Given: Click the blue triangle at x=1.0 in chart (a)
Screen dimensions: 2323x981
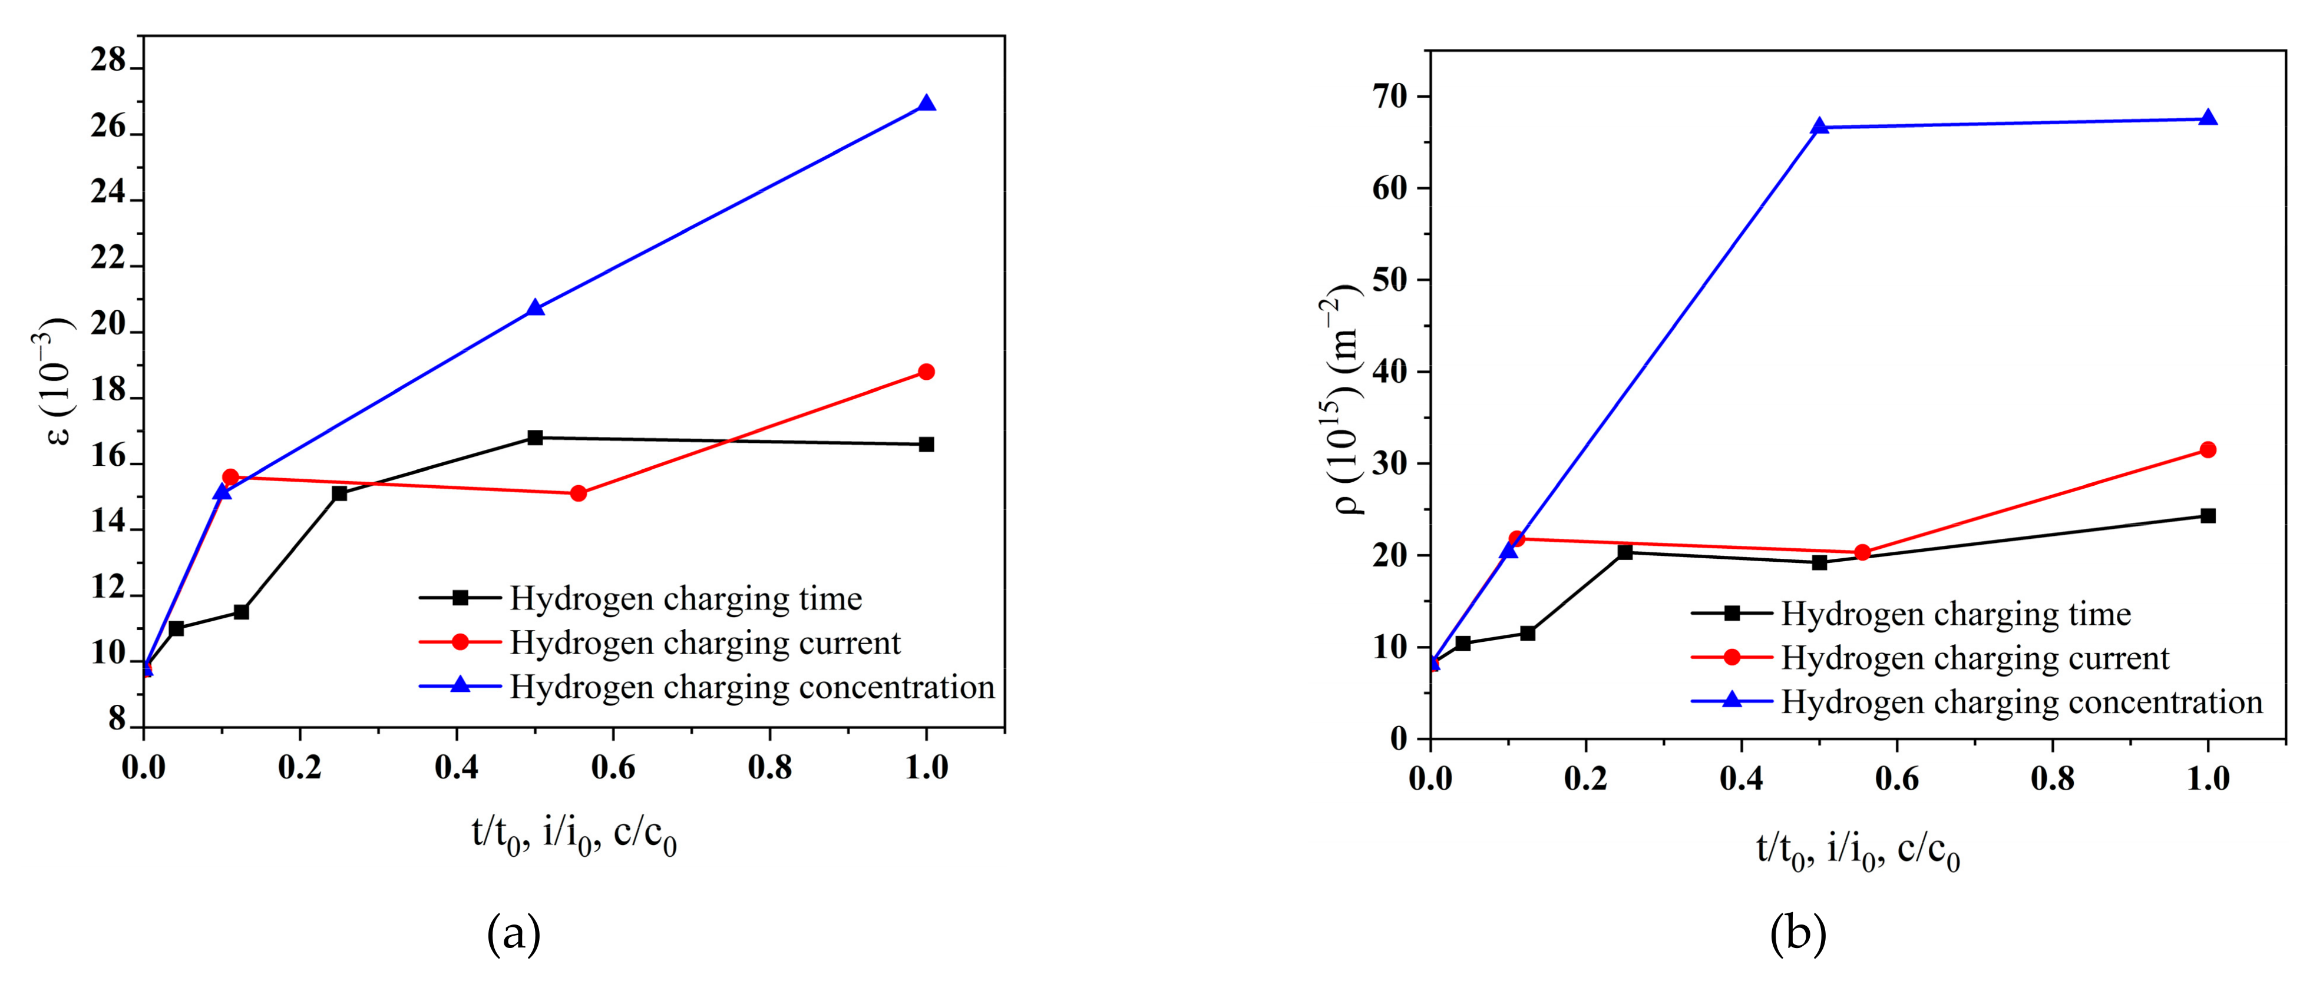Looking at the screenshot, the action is coord(926,104).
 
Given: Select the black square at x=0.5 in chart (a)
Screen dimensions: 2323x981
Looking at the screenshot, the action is coord(535,438).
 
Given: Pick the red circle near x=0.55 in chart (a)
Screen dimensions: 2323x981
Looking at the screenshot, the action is coord(578,493).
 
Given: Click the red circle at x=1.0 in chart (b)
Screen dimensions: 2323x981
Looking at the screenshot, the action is coord(2208,450).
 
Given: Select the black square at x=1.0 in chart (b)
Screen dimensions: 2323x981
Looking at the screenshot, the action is coord(2208,516).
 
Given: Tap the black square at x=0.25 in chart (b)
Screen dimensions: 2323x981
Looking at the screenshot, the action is coord(1625,552).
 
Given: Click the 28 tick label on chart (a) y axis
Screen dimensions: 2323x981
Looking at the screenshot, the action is coord(108,61).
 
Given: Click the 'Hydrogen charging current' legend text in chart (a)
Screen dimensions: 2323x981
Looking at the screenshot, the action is coord(705,643).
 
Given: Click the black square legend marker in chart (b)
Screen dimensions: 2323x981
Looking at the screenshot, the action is coord(1731,613).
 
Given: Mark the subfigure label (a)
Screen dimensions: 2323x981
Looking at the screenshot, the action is coord(514,934).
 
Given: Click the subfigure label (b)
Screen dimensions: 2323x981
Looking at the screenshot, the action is coord(1798,934).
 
